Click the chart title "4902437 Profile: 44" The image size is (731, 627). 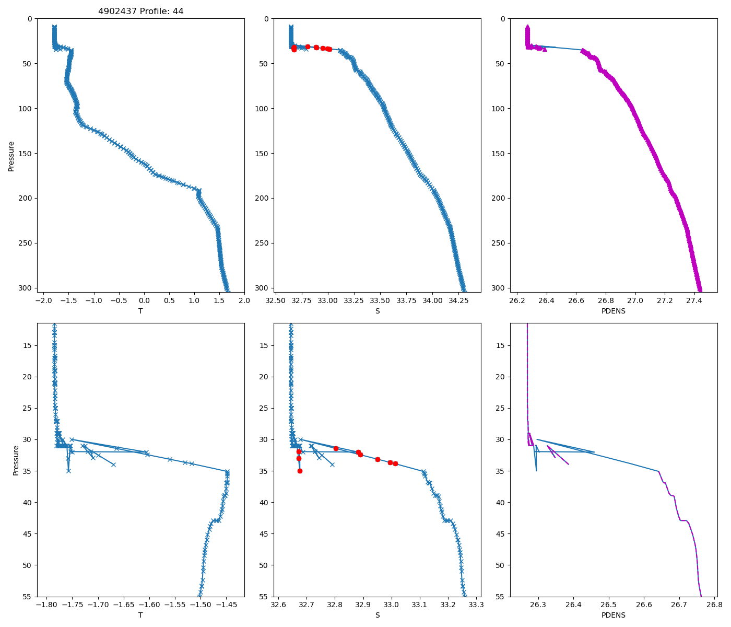point(141,11)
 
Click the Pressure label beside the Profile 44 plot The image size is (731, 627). point(11,156)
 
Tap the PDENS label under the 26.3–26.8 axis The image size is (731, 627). point(614,616)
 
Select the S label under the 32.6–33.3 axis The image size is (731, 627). point(378,616)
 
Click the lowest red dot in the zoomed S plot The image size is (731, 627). point(300,471)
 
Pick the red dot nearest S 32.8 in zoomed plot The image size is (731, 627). point(336,448)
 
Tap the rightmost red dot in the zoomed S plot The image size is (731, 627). point(395,463)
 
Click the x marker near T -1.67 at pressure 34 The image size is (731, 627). point(113,465)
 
